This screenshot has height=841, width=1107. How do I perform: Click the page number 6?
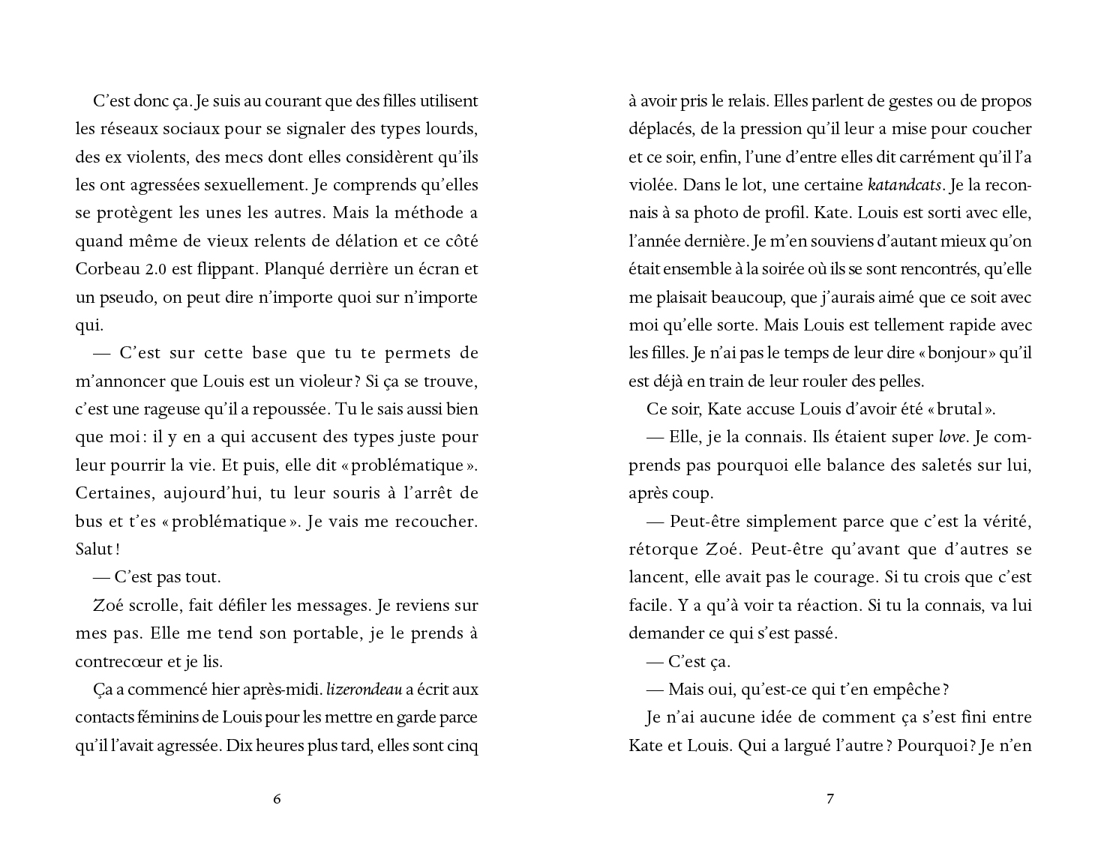click(x=277, y=799)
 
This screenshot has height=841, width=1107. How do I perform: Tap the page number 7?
click(x=829, y=799)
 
